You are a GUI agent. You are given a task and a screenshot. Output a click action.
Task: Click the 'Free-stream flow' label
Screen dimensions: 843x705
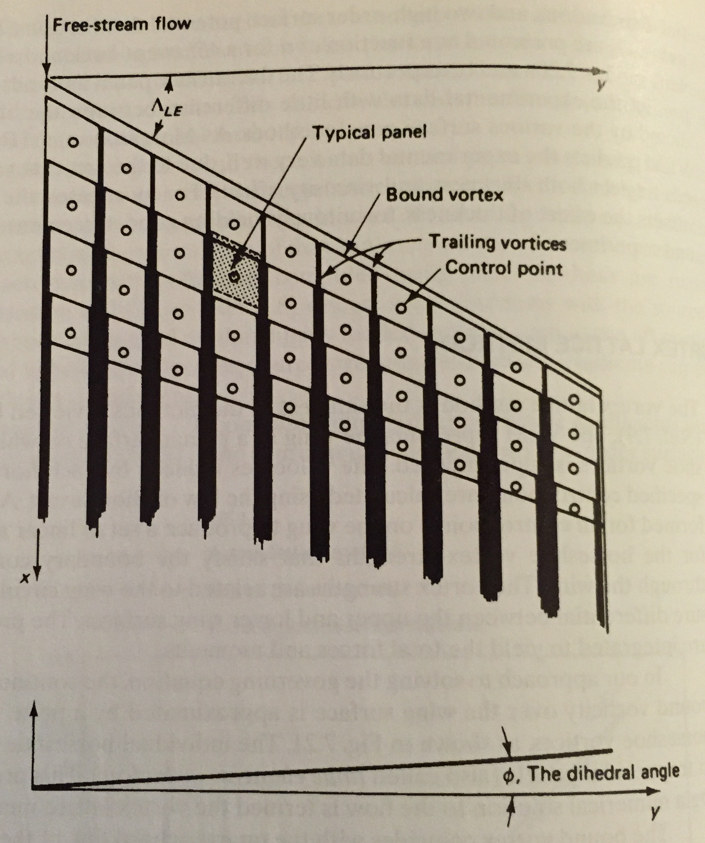click(x=121, y=25)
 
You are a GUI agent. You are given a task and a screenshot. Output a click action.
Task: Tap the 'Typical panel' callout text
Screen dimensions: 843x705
click(x=369, y=132)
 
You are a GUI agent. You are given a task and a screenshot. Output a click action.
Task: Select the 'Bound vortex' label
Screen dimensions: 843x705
click(x=444, y=195)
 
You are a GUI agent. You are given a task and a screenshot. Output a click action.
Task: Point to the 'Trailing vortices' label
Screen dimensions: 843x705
click(x=498, y=243)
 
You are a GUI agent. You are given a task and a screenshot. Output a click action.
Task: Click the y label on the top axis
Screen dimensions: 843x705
click(x=601, y=86)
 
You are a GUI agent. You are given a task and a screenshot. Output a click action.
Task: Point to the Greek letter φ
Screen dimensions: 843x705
click(x=508, y=775)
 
